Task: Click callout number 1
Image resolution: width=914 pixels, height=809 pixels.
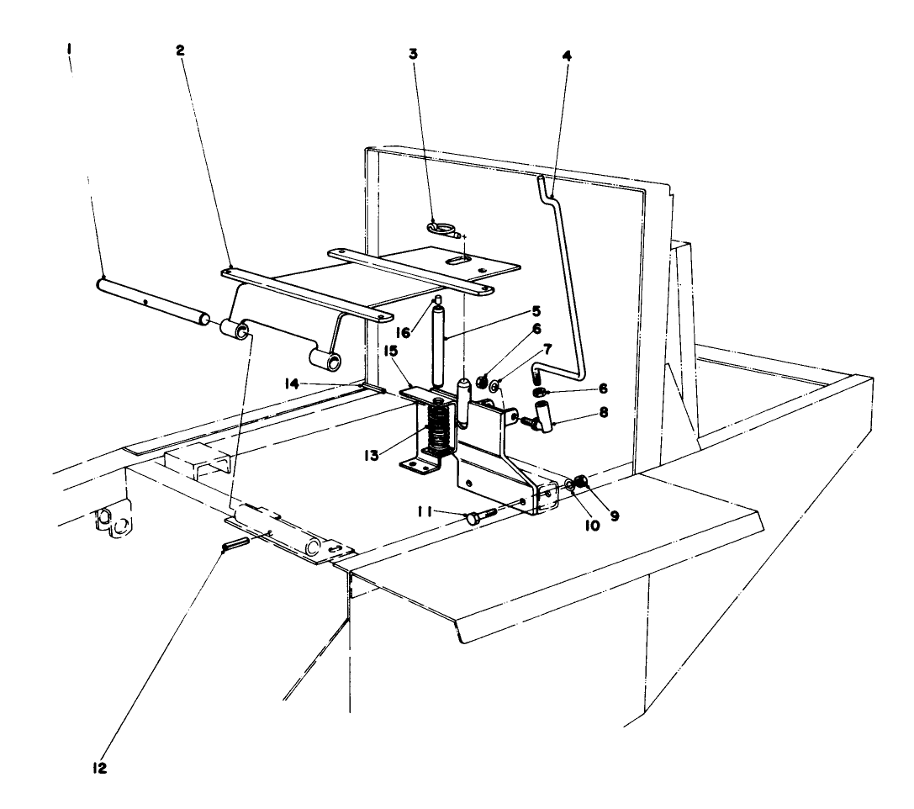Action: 70,51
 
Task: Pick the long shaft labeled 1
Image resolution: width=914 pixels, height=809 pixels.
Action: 151,299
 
